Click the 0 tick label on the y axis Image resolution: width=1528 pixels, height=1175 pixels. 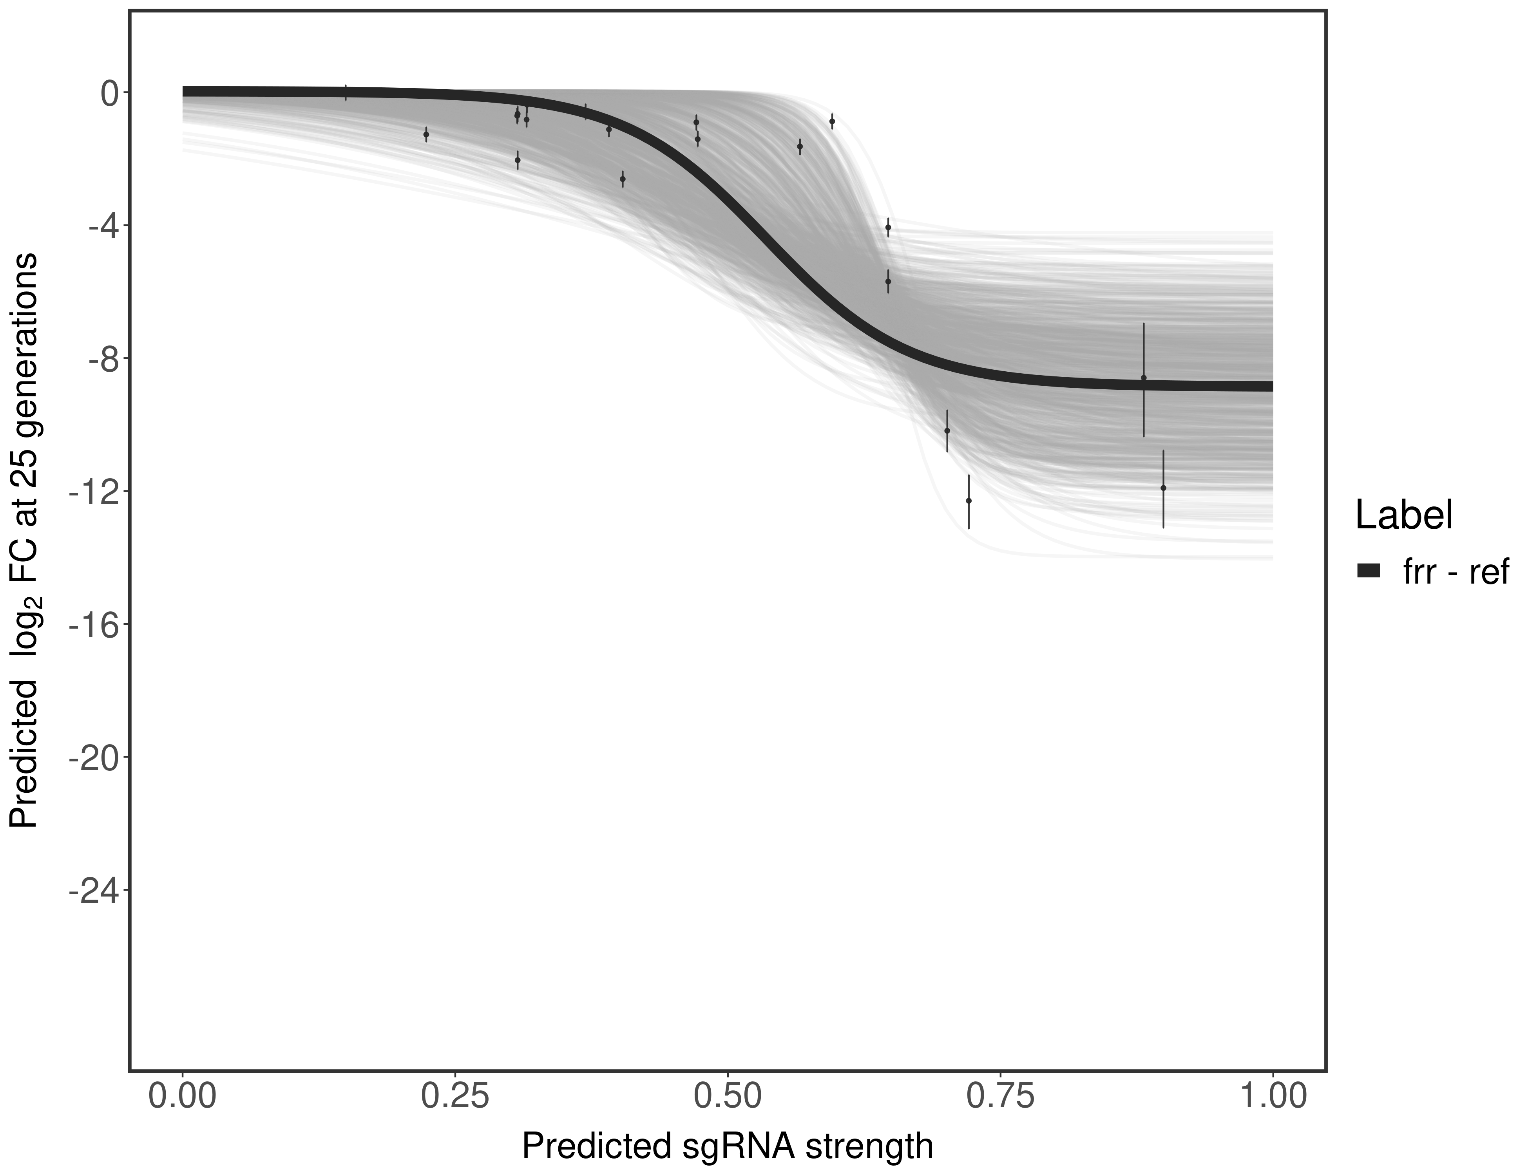click(x=109, y=93)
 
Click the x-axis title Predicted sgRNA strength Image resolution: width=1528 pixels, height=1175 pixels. click(x=728, y=1147)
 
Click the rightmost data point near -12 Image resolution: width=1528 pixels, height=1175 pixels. click(x=1163, y=488)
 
